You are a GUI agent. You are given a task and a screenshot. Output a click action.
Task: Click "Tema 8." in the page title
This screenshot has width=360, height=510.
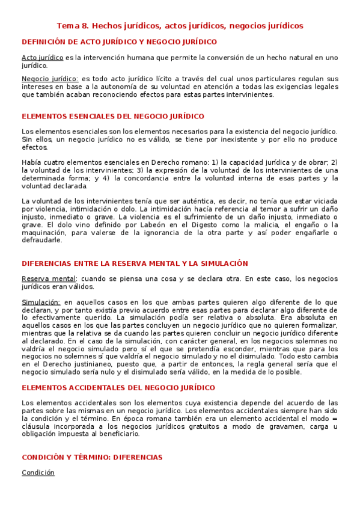pyautogui.click(x=73, y=26)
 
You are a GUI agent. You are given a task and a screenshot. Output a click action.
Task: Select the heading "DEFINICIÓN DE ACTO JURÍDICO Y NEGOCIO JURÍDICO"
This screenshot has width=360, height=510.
pyautogui.click(x=119, y=41)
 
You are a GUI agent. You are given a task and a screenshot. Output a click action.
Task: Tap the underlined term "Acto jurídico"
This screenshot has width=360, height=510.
pyautogui.click(x=42, y=57)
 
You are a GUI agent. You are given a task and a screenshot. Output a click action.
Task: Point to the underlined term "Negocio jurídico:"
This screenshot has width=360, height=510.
pyautogui.click(x=49, y=79)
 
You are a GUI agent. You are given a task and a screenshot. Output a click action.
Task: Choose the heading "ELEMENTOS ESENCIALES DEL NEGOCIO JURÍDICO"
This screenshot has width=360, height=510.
pyautogui.click(x=112, y=116)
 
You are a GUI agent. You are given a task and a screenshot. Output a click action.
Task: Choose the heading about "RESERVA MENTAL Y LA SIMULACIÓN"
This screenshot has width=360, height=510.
pyautogui.click(x=126, y=263)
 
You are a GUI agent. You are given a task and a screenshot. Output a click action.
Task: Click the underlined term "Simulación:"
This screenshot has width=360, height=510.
pyautogui.click(x=40, y=302)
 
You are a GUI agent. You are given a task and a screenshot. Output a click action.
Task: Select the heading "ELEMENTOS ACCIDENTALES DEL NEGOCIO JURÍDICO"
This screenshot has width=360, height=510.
pyautogui.click(x=118, y=387)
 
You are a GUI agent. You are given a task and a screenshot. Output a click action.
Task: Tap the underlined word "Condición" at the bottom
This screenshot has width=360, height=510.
pyautogui.click(x=38, y=472)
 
